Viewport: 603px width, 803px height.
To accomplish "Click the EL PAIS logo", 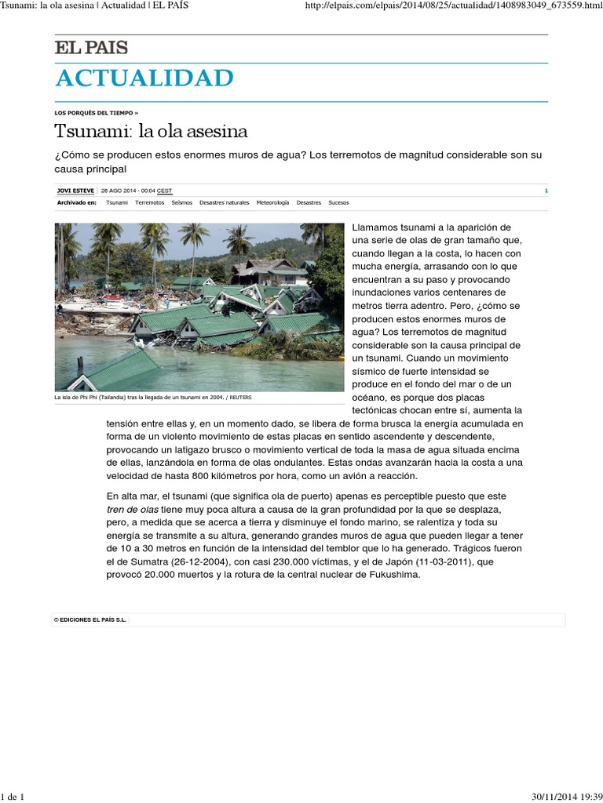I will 91,48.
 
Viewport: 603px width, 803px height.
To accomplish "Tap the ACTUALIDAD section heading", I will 144,78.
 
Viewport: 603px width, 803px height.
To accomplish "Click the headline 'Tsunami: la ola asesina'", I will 151,130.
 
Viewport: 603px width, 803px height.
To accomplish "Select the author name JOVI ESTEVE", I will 75,191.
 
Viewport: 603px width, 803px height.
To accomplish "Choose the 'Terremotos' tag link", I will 149,202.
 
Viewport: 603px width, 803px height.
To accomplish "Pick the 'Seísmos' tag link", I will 181,202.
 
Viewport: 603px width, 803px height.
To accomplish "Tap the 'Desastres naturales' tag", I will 224,202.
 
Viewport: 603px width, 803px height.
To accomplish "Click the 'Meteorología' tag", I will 272,202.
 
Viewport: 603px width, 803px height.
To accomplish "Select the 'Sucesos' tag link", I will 338,202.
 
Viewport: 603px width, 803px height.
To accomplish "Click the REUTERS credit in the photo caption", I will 241,398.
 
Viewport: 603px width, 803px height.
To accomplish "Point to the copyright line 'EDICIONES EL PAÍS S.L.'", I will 91,620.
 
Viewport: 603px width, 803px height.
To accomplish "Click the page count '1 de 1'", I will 13,797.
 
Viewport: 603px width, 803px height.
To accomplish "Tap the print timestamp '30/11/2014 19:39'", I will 559,797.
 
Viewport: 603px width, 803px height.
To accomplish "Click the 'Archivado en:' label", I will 77,202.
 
